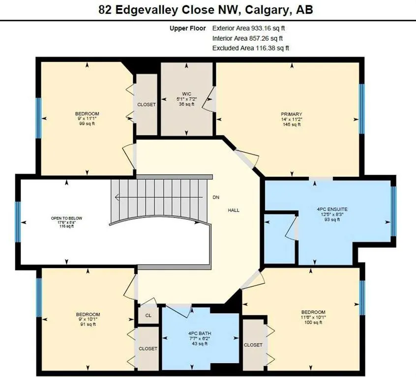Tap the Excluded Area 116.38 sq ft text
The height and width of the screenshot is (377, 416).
click(x=251, y=48)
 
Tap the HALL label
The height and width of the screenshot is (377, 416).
click(x=233, y=210)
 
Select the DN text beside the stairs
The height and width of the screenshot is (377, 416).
click(x=216, y=197)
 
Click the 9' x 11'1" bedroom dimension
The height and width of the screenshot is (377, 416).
click(x=88, y=119)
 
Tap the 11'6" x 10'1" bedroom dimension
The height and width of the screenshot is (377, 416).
click(x=313, y=317)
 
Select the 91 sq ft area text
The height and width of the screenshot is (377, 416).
click(x=88, y=325)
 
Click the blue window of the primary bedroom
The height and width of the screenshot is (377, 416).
click(x=362, y=108)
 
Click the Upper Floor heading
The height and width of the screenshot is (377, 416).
click(x=188, y=28)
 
